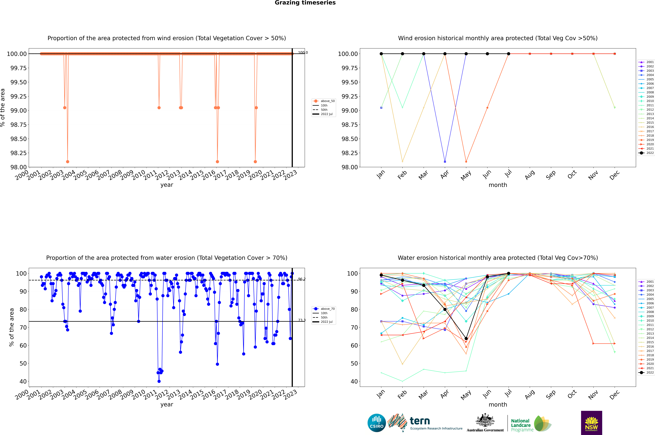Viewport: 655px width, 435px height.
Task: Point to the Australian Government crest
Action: (485, 421)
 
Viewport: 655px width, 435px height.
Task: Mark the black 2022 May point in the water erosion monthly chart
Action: (466, 338)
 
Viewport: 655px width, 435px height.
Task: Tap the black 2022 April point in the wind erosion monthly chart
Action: (445, 54)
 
